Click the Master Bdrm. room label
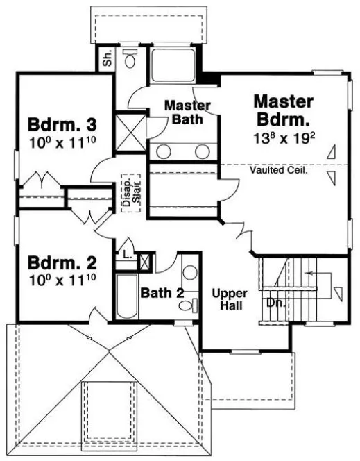pos(284,110)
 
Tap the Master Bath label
pos(187,113)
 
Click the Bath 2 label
pos(162,293)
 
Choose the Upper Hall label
pos(229,299)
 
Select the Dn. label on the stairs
pos(273,303)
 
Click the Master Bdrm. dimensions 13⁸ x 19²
pos(284,138)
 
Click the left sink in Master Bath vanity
pos(164,151)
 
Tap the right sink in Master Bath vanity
pos(201,151)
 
